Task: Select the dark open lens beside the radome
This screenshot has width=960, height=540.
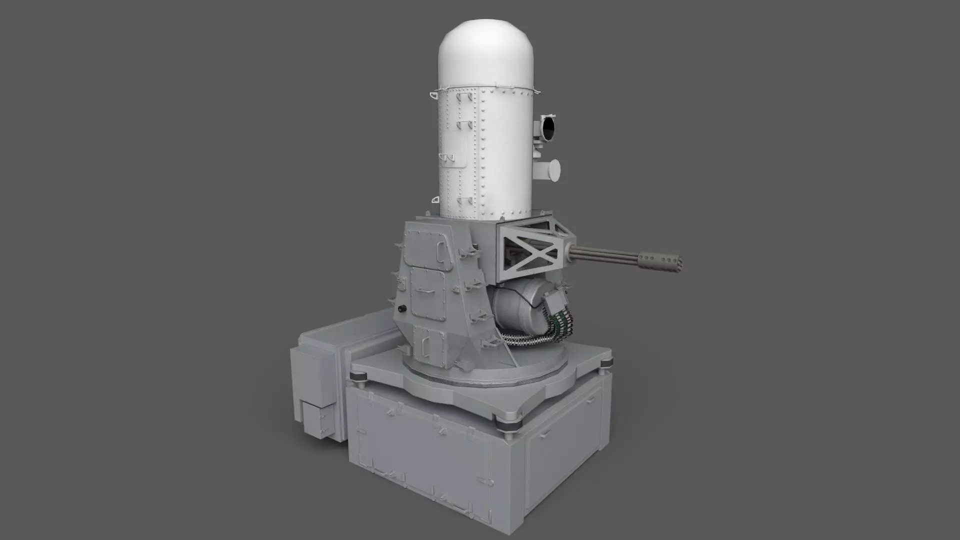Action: pyautogui.click(x=548, y=128)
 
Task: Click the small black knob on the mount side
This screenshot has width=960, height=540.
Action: pyautogui.click(x=401, y=308)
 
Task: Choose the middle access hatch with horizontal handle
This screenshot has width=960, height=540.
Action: pyautogui.click(x=428, y=292)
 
